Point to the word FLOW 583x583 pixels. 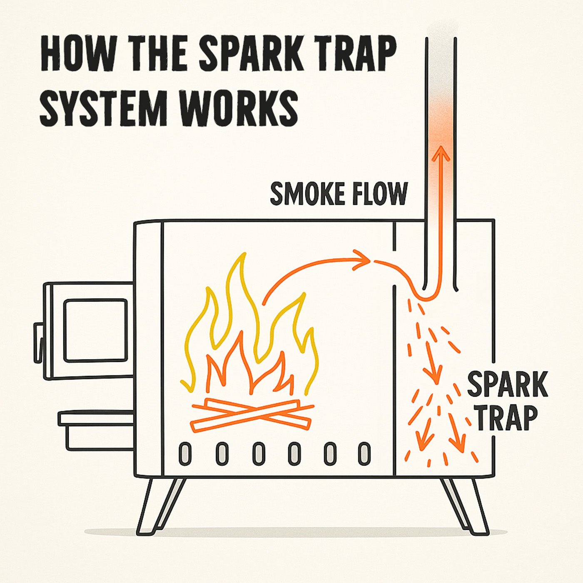(379, 194)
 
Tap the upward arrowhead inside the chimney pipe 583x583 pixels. (441, 154)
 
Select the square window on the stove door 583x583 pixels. (95, 330)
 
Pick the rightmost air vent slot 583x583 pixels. (364, 454)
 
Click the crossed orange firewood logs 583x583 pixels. (252, 415)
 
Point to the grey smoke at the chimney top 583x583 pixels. (441, 54)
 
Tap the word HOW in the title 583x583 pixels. (77, 54)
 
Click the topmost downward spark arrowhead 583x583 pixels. (434, 377)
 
